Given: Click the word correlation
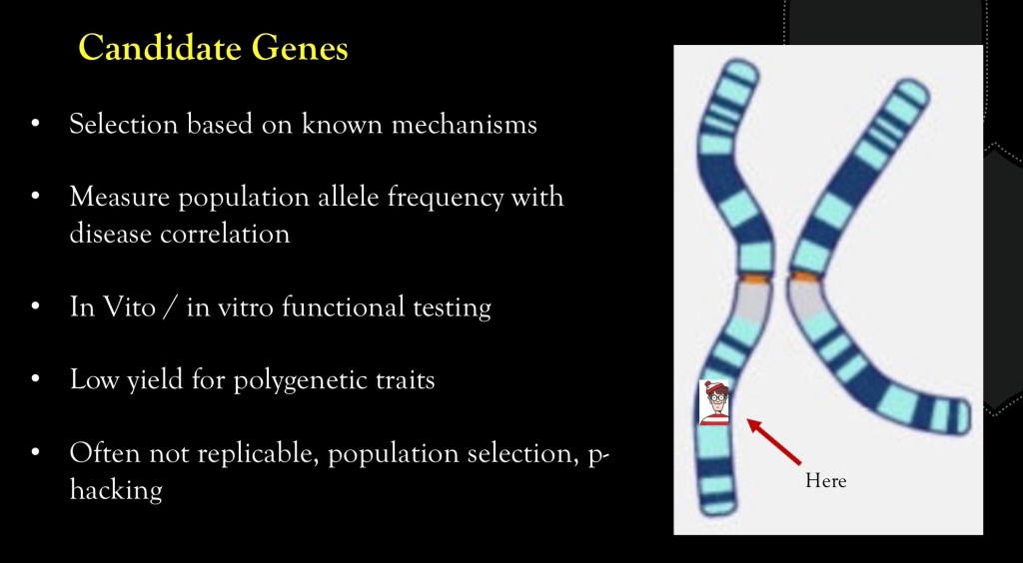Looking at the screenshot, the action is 225,234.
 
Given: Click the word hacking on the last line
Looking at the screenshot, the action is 116,490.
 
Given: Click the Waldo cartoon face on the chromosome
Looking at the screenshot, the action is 714,402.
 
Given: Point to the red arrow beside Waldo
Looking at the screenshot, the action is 774,442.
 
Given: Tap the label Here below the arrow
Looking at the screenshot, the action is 825,481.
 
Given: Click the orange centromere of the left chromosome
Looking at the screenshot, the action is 756,279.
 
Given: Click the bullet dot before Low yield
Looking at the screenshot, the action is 36,379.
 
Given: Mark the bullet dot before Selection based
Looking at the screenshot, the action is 36,123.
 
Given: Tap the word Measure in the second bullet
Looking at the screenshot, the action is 120,197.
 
